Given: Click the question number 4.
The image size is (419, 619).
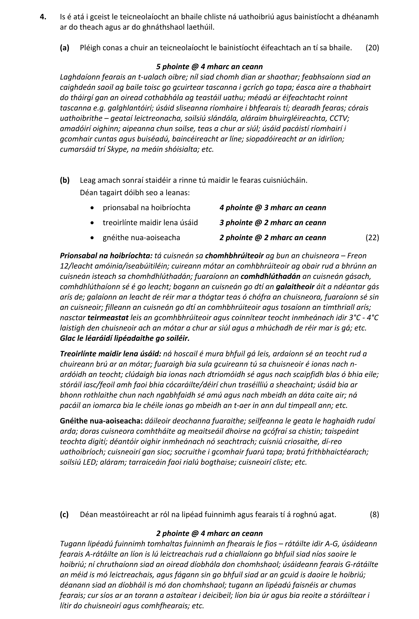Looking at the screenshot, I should tap(43, 17).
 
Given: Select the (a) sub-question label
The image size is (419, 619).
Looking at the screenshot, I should tap(65, 48).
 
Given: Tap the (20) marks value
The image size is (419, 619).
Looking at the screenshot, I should tap(372, 48).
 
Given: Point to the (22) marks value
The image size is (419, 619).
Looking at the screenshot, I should tap(372, 238).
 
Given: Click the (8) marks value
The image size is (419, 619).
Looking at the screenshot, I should tap(374, 514).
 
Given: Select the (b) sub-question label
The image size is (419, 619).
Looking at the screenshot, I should tap(65, 180).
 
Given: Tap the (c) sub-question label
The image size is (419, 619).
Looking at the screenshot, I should tap(64, 514).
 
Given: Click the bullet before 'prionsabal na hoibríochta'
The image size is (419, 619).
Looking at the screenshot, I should tap(92, 208).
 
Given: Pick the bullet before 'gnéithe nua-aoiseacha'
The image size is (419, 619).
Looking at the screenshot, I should tap(92, 238).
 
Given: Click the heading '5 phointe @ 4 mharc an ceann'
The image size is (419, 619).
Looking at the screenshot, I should tap(209, 67).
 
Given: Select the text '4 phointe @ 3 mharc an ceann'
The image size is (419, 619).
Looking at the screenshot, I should tap(273, 208).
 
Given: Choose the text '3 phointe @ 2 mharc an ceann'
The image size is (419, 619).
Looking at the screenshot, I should tap(273, 223).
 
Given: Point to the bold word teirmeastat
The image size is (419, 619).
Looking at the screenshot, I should tap(108, 318).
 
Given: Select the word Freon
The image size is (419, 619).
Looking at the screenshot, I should tap(357, 256).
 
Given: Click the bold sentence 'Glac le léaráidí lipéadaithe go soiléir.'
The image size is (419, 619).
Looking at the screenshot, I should tap(125, 339).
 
